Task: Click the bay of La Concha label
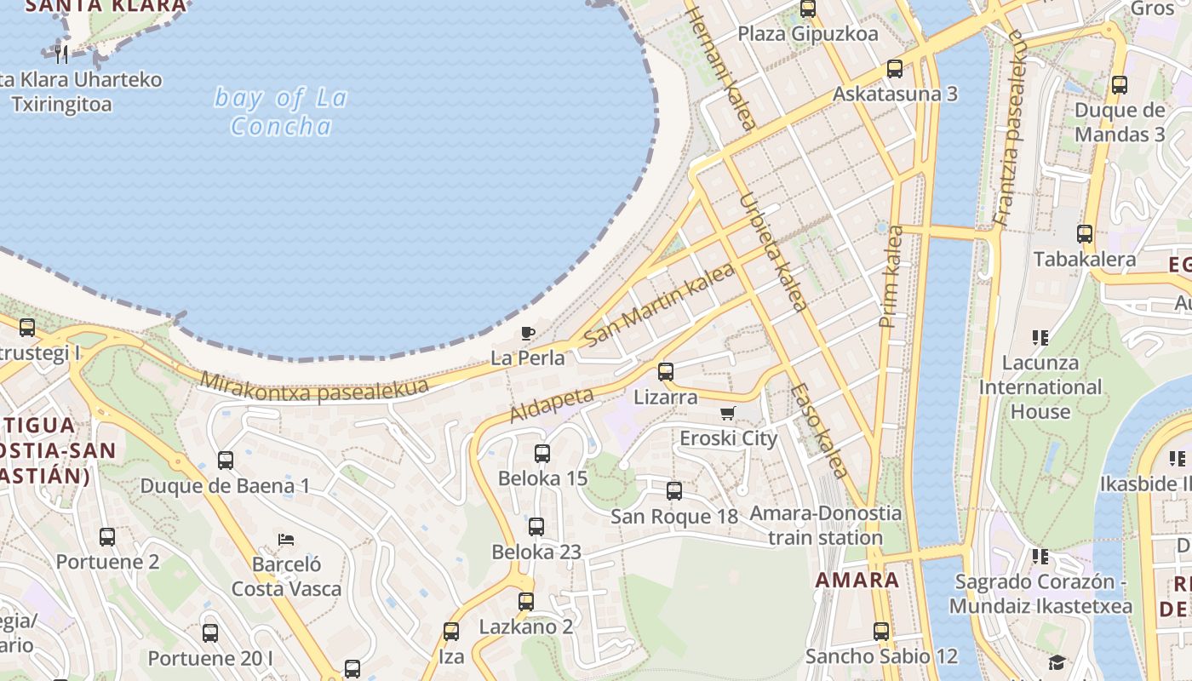point(281,112)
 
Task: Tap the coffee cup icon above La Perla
point(528,333)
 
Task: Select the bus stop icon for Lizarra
point(666,372)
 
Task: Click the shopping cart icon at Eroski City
point(727,414)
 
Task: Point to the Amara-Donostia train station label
point(825,525)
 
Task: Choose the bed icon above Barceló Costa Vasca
point(286,540)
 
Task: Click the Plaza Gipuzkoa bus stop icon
point(808,9)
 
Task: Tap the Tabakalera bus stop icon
point(1085,234)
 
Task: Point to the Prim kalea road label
point(891,277)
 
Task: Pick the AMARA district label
point(857,581)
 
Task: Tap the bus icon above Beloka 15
point(542,454)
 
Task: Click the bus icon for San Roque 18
point(674,491)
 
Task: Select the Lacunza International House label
point(1040,387)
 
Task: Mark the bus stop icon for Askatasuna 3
point(895,69)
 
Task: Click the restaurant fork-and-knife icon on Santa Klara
point(60,55)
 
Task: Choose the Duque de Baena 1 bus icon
point(226,461)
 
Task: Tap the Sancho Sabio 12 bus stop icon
point(881,632)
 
